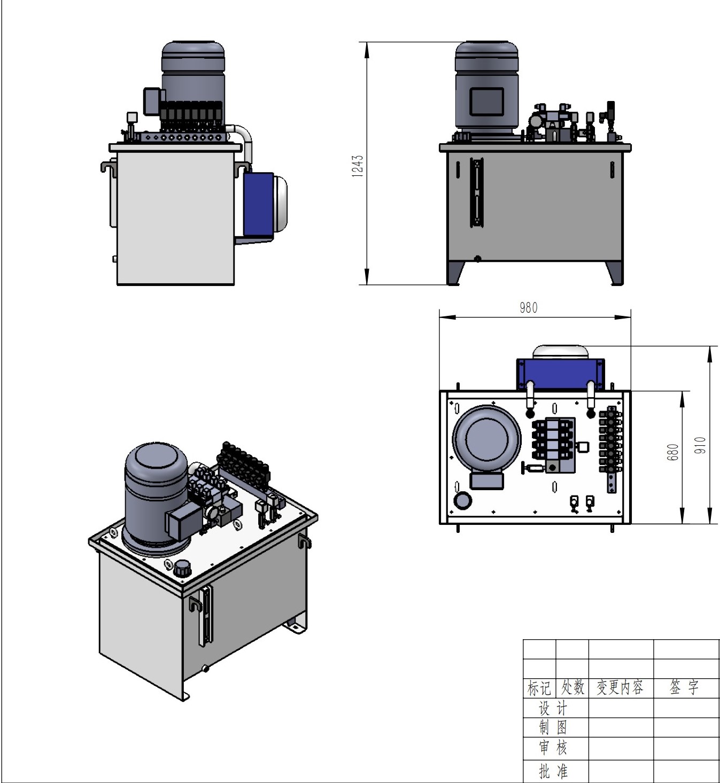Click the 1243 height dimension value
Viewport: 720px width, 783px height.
point(358,166)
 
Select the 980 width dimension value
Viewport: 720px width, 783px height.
point(528,308)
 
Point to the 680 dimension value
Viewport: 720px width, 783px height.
point(673,452)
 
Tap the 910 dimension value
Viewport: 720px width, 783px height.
point(700,445)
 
